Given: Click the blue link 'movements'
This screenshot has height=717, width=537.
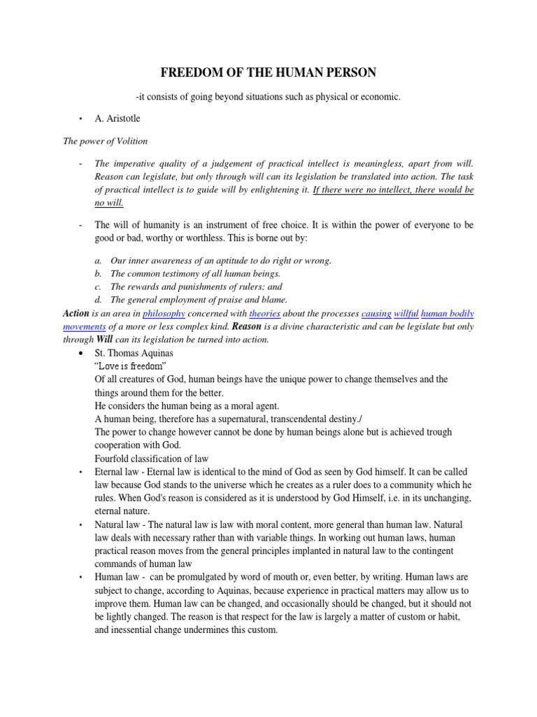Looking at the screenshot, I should coord(85,327).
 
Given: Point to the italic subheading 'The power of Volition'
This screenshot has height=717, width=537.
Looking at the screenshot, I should coord(106,141).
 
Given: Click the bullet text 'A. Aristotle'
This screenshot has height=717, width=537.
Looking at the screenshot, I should coord(120,120).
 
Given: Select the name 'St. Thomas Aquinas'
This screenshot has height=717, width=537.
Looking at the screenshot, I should coord(134,353).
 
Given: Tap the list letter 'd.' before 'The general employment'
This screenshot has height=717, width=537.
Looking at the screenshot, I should coord(98,300).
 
